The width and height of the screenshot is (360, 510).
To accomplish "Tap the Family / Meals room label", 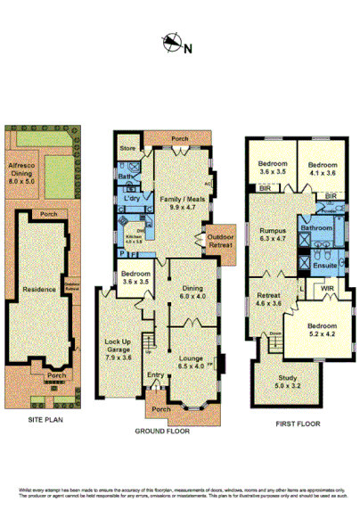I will coord(181,201).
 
